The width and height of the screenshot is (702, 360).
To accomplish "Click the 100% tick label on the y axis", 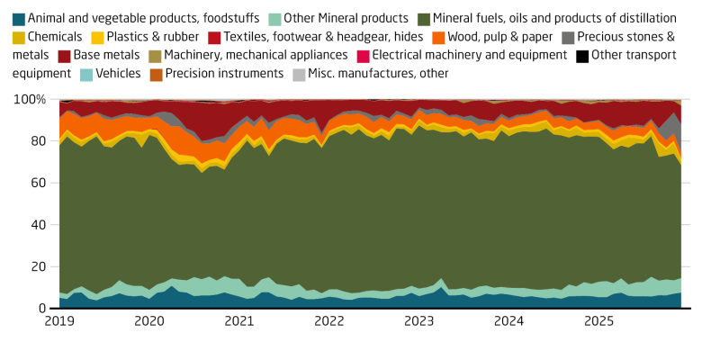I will pyautogui.click(x=33, y=99).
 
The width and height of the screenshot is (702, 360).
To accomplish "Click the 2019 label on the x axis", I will pyautogui.click(x=59, y=321).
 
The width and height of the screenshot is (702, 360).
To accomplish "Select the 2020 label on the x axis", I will pyautogui.click(x=149, y=321).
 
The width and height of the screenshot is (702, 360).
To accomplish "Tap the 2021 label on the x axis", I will pyautogui.click(x=239, y=321).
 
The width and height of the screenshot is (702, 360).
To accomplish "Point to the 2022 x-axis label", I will pyautogui.click(x=329, y=321).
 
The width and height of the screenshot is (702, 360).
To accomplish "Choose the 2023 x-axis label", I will pyautogui.click(x=419, y=321).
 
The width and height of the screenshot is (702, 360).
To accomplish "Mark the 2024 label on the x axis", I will pyautogui.click(x=509, y=321).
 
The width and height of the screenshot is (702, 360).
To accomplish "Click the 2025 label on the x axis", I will pyautogui.click(x=599, y=321).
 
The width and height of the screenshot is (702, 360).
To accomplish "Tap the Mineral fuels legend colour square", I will pyautogui.click(x=423, y=18).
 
